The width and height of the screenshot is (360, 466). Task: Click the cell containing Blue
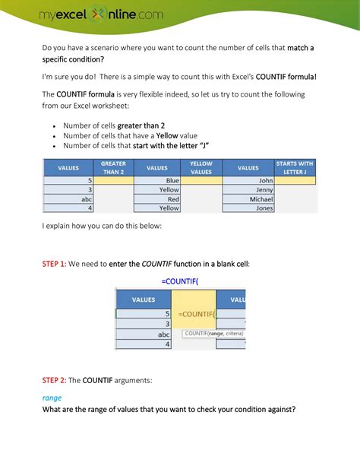[x=157, y=180]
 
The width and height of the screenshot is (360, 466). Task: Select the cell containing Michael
[x=248, y=198]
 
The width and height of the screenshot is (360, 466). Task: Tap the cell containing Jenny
[x=248, y=189]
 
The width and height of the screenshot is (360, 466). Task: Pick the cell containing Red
[x=157, y=198]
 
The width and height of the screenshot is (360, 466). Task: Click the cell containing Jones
[x=248, y=208]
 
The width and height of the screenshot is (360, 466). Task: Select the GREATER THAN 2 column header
[x=113, y=167]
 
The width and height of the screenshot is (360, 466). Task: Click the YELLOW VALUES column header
[x=201, y=167]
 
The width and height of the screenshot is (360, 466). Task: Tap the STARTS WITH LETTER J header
[x=295, y=167]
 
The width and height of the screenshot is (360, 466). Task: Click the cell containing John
[x=248, y=180]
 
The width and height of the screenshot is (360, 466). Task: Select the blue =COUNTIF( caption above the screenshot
[x=179, y=281]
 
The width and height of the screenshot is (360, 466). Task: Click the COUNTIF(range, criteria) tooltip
[x=215, y=332]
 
